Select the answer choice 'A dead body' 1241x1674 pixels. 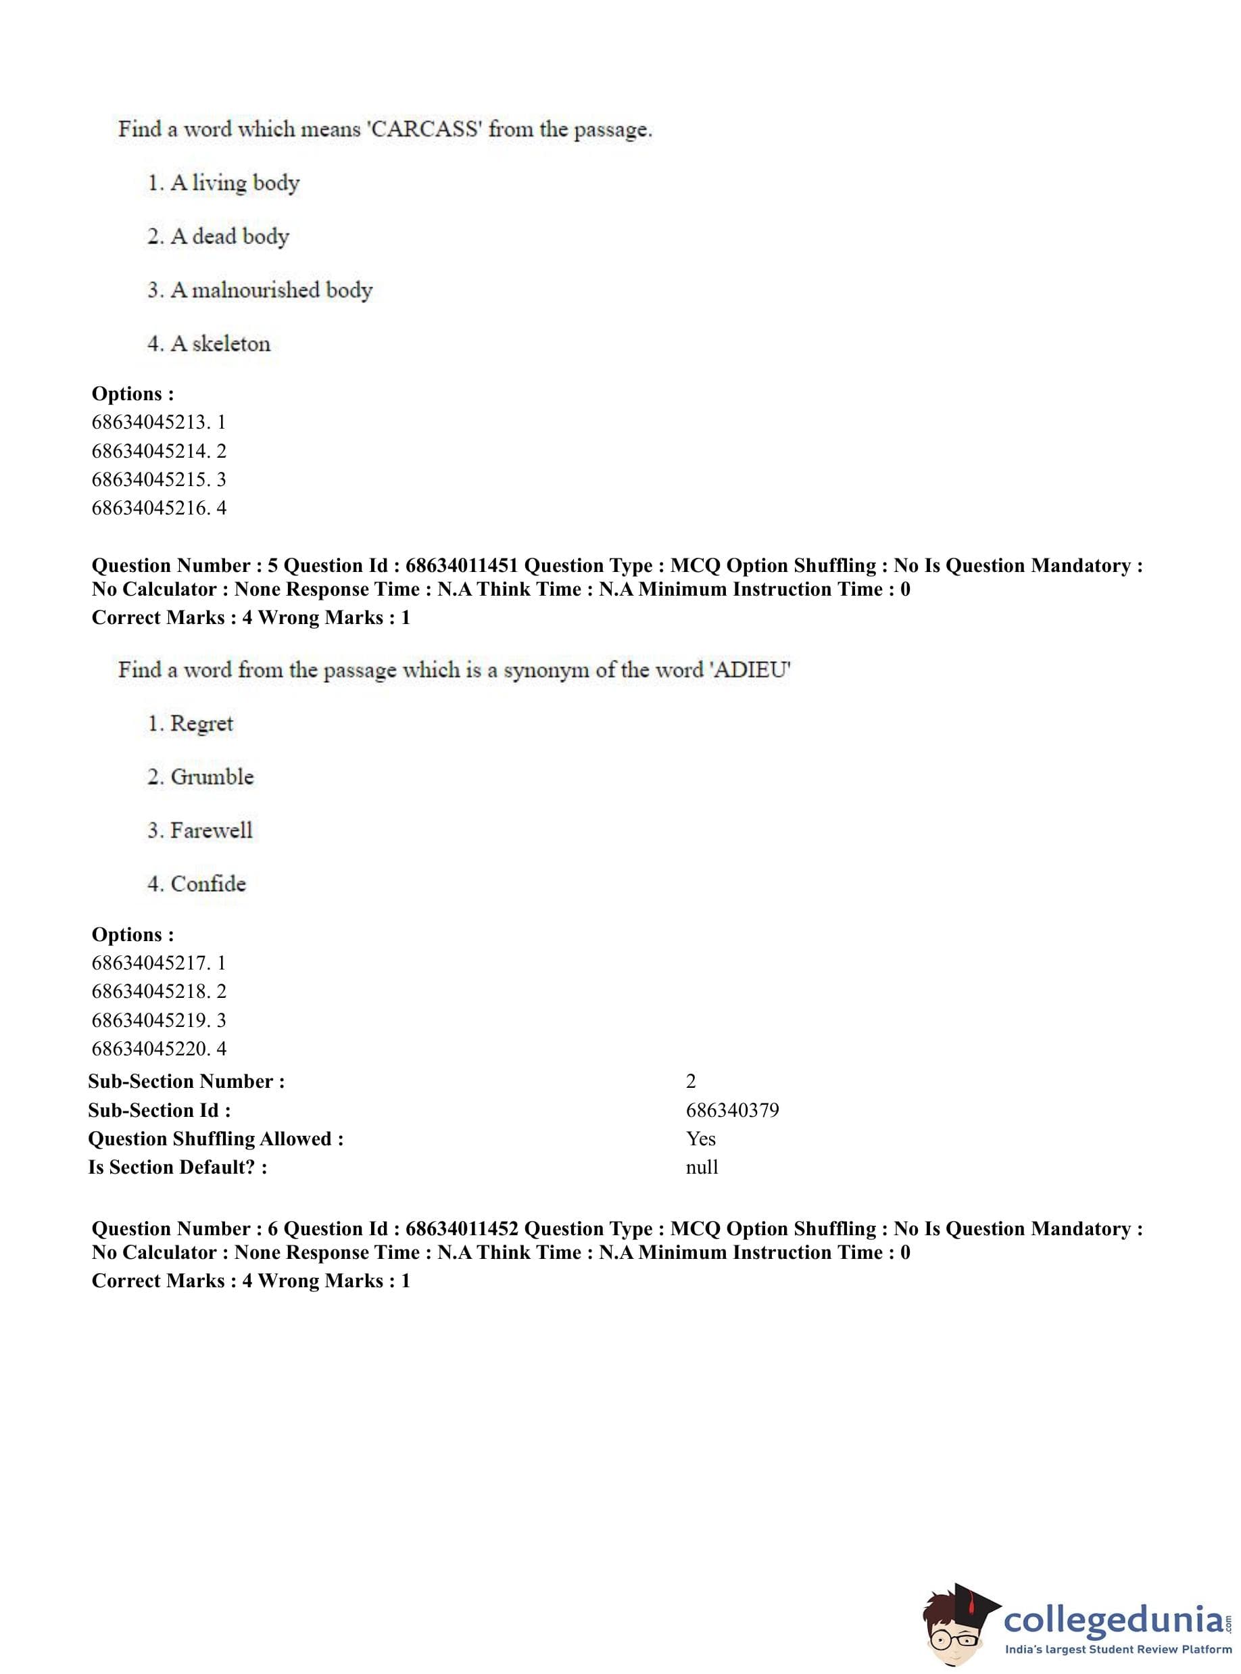(229, 237)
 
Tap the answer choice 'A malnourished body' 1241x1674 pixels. (270, 290)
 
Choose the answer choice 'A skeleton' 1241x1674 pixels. (220, 344)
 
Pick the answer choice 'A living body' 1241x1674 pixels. (235, 183)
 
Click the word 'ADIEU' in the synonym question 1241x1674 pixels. (750, 669)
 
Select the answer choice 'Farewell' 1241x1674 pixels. (211, 830)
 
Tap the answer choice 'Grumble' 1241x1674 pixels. (212, 777)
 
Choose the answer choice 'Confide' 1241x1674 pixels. (208, 884)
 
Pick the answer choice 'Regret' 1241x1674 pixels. (201, 723)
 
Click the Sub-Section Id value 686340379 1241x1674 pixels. (733, 1111)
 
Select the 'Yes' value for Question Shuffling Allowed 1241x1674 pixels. (700, 1139)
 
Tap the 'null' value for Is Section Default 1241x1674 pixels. (702, 1168)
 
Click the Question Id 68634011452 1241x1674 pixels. (461, 1229)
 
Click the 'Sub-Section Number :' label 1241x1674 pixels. (187, 1082)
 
